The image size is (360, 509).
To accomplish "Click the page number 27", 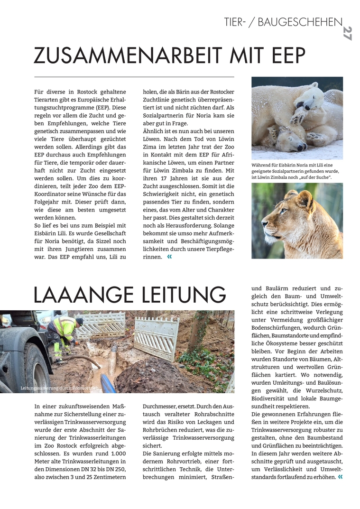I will click(347, 33).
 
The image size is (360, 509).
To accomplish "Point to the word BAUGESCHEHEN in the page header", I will click(300, 22).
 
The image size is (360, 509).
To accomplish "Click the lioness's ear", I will click(304, 198).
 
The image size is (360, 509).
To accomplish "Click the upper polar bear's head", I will click(309, 97).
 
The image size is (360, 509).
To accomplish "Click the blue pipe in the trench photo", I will click(108, 383).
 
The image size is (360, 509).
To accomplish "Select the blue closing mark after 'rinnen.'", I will click(169, 257).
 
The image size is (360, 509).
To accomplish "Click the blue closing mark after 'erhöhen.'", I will click(340, 477).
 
